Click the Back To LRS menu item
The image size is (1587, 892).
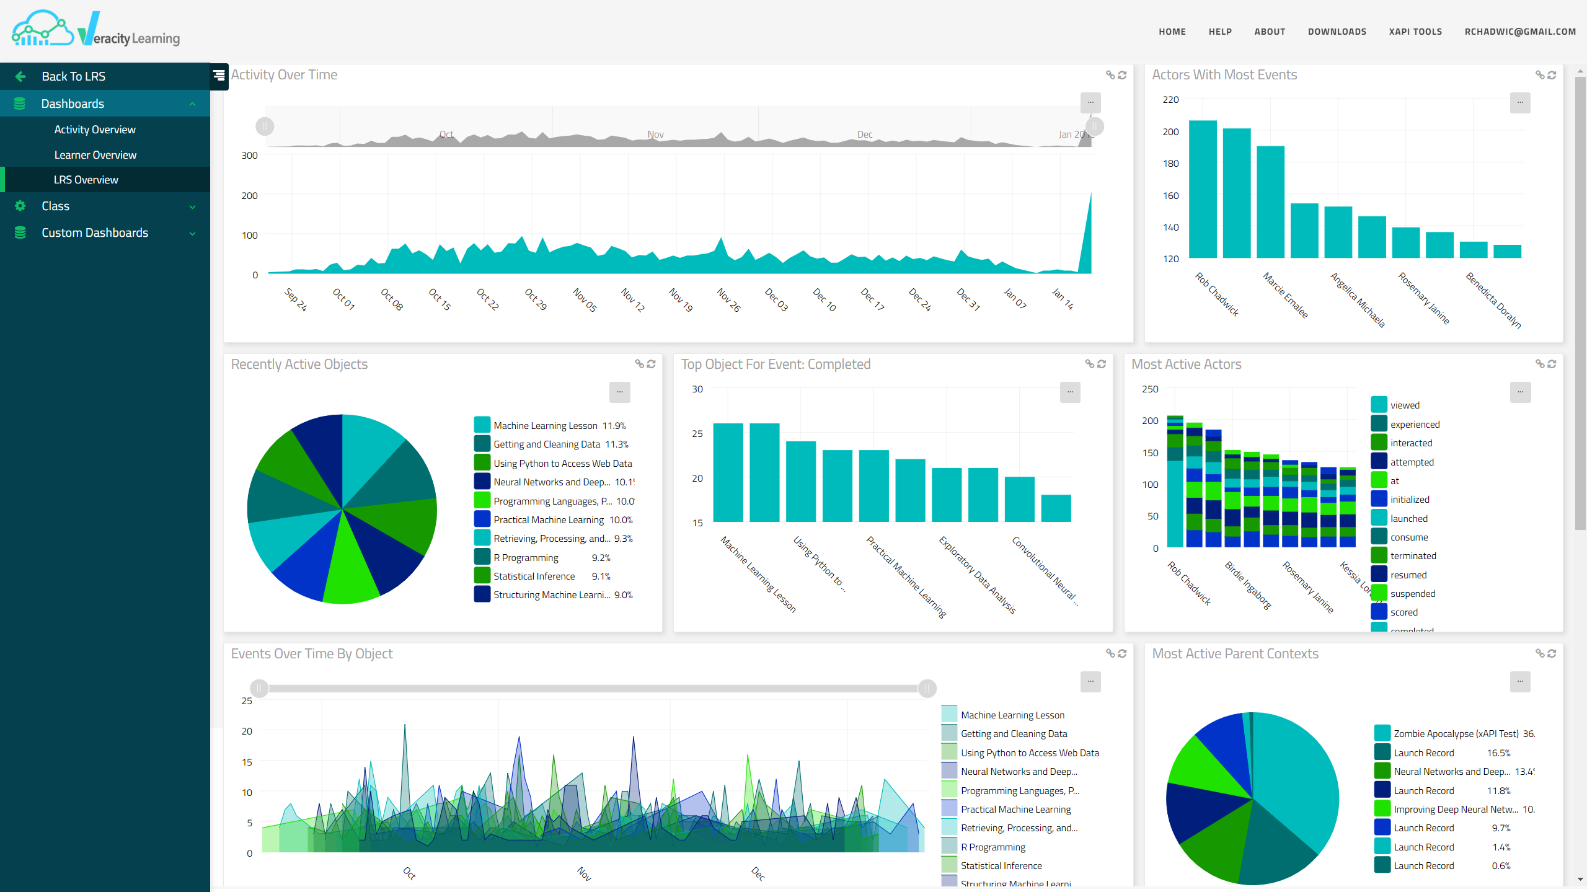73,76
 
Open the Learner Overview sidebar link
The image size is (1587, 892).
95,155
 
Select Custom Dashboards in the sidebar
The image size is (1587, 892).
95,232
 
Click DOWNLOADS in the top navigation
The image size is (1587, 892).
1337,32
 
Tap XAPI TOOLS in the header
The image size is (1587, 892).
1415,32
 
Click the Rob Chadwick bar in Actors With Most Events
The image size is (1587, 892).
1203,189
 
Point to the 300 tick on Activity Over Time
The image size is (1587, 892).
249,156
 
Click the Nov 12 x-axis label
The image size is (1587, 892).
633,299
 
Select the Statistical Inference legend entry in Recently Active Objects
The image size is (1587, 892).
534,576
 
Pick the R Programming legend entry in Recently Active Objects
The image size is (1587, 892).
526,558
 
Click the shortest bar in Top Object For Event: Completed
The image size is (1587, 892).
1056,508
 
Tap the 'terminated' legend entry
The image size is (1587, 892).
1413,556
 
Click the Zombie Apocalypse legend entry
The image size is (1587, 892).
1456,734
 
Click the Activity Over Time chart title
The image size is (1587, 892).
284,75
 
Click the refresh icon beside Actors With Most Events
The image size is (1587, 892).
1552,75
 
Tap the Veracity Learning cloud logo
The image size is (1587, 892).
42,29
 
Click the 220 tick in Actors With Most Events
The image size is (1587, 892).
1170,100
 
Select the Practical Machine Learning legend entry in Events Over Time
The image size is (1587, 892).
1015,810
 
